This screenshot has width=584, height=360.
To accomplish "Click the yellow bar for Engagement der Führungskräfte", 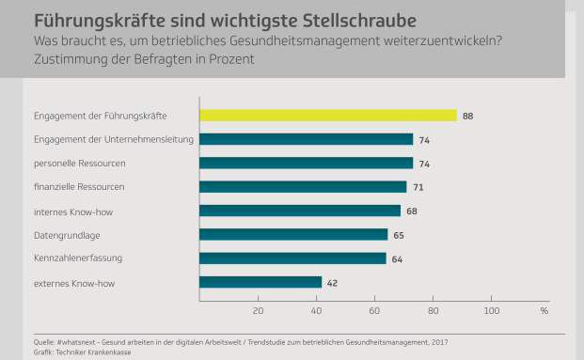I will (x=327, y=116).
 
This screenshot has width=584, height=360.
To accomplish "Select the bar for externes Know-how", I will (x=260, y=281).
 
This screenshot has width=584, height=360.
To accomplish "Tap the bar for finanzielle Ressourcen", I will (x=303, y=187).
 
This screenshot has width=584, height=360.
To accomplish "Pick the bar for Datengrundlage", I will (x=293, y=234).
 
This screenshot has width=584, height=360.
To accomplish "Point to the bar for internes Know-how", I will (x=299, y=211).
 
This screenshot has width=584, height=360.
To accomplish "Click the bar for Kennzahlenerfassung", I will (x=292, y=258).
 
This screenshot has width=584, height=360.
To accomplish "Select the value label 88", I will (x=467, y=116).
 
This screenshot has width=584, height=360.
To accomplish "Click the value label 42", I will (x=333, y=281).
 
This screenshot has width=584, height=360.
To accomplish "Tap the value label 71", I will (x=418, y=187).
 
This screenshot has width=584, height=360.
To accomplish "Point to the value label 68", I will (x=411, y=211).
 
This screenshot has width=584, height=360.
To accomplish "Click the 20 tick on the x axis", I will (x=258, y=310).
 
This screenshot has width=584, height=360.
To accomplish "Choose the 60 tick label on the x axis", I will (x=374, y=310).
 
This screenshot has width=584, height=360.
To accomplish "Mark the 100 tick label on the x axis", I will (x=490, y=310).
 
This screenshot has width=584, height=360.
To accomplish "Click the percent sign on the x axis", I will (x=544, y=310).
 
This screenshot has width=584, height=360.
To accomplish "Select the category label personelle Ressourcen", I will (x=79, y=163).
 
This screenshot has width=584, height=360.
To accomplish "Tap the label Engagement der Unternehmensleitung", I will (x=113, y=139).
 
